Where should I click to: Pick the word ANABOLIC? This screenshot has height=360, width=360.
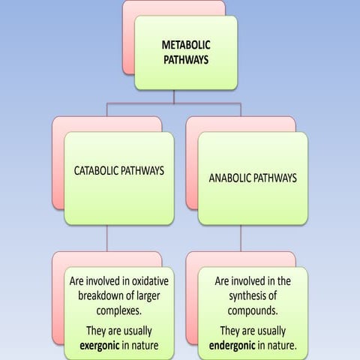[231, 178]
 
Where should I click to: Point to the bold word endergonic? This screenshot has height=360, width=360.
[238, 347]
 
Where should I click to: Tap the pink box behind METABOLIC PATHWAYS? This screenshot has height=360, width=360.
[128, 37]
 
